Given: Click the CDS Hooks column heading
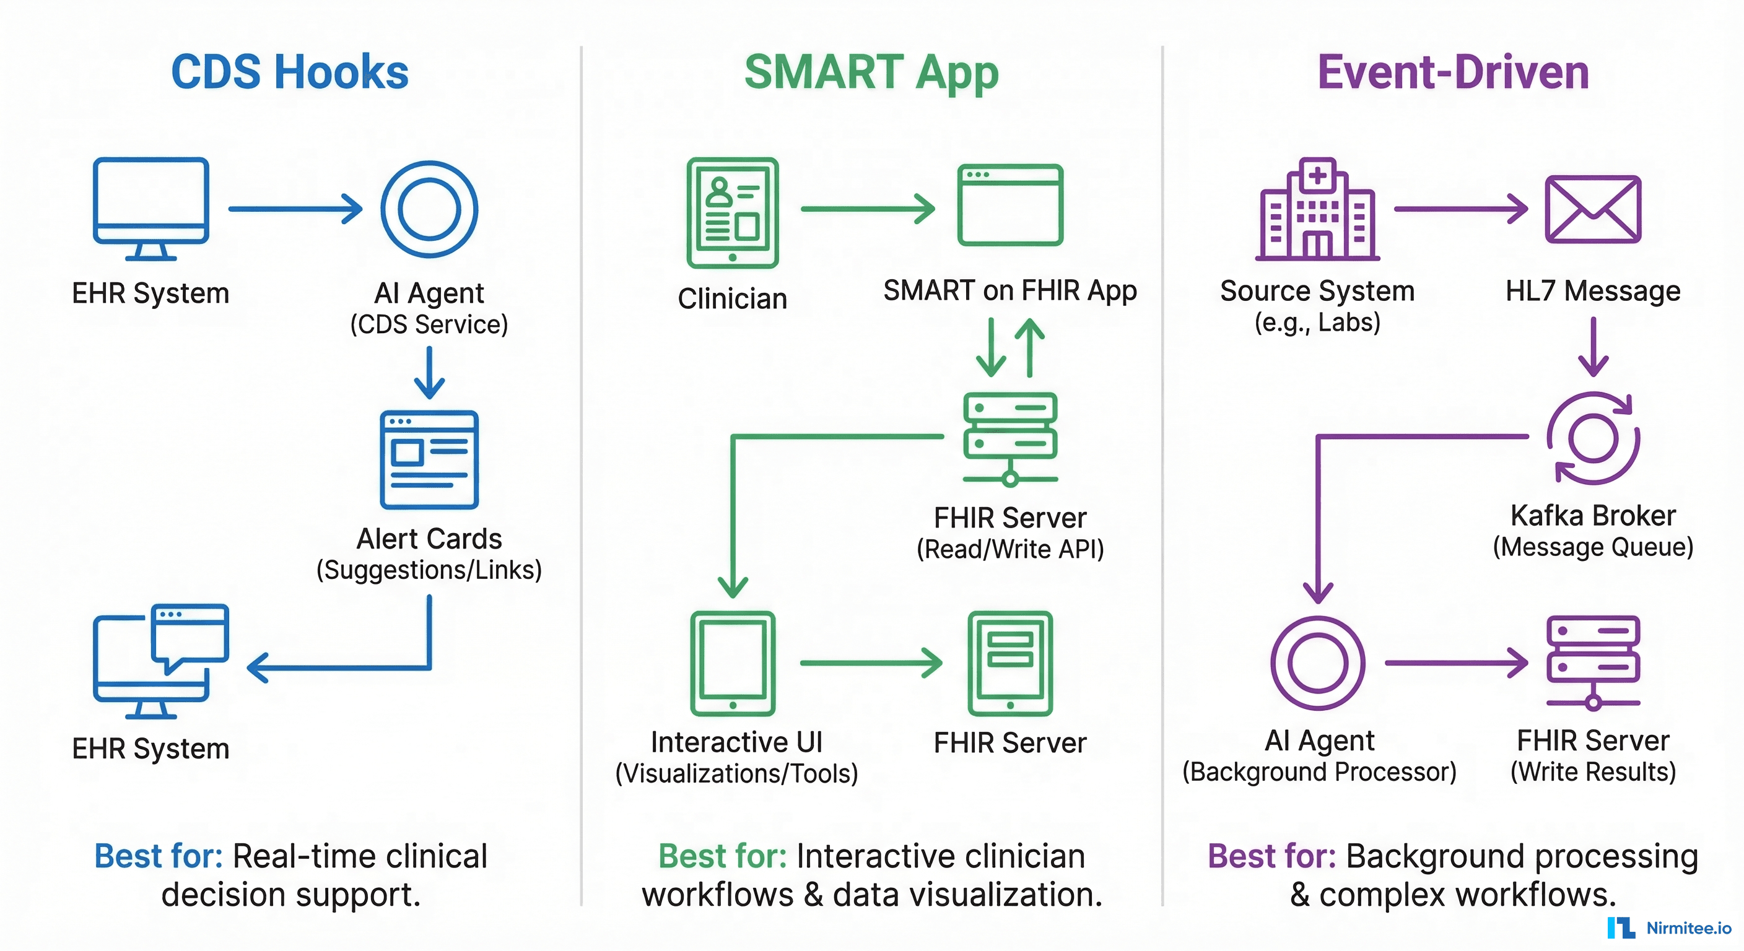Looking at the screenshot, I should point(290,72).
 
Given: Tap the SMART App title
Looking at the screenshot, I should point(871,72).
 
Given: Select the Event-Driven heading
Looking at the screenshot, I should point(1453,72).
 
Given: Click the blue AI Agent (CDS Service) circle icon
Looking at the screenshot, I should point(429,209).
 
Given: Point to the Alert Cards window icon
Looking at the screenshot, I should point(429,459).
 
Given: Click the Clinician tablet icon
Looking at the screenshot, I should point(733,212).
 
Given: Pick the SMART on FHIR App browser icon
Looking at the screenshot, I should point(1010,204).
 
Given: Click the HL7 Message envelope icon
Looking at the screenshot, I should point(1593,209).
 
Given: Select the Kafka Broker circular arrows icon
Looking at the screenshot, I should point(1593,438).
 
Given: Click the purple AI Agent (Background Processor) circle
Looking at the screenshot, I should point(1317,662).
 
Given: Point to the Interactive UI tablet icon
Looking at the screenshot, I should point(733,663).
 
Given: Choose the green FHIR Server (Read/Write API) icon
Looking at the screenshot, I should point(1010,438).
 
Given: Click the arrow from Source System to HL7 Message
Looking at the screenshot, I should point(1460,209).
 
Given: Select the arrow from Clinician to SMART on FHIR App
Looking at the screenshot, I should point(867,209).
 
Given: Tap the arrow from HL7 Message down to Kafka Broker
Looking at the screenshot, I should point(1593,347).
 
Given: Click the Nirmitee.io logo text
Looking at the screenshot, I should point(1688,928).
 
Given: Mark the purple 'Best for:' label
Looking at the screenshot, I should point(1271,856).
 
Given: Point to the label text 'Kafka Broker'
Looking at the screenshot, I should point(1593,516).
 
